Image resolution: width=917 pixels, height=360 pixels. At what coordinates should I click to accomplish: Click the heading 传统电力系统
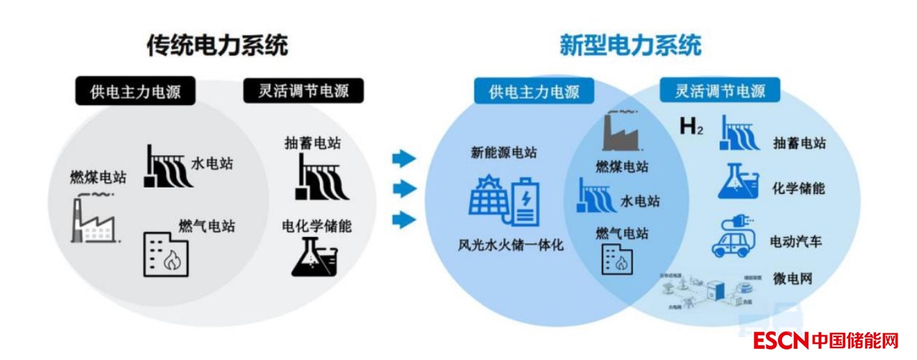point(217,46)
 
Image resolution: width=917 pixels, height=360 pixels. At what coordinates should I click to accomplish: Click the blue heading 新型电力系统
point(630,46)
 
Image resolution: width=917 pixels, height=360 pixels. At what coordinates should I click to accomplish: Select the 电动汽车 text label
point(795,242)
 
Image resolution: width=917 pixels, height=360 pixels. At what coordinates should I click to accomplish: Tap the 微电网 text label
point(792,279)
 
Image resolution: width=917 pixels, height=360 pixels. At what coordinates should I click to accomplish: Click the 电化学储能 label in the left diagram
point(316,226)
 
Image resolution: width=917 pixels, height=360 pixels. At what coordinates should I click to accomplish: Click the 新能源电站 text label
point(503,153)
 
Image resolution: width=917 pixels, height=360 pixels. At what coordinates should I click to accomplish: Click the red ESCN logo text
point(781,341)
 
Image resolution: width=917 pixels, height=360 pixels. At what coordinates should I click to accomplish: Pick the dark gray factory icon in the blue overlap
point(622,133)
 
